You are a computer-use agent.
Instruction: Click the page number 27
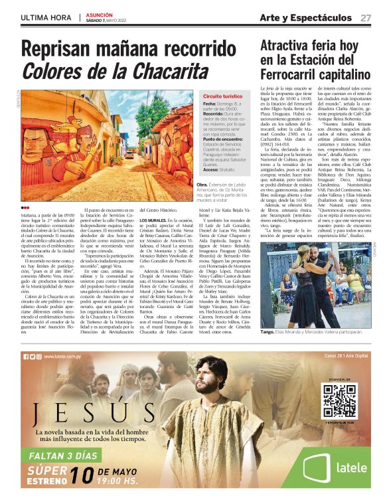[366, 17]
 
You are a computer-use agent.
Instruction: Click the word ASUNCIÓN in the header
[100, 14]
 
